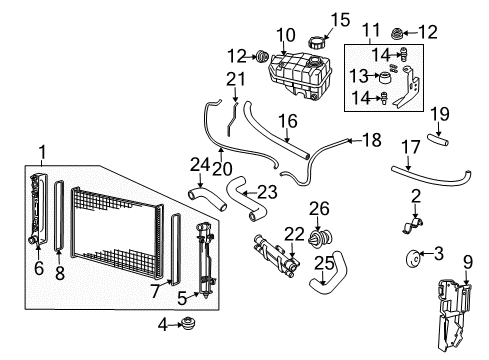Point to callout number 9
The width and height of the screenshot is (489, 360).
(x=465, y=263)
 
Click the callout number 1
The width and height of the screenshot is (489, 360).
(x=42, y=150)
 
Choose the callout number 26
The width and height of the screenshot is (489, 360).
(x=319, y=209)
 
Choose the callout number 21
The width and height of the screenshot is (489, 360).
(x=235, y=79)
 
